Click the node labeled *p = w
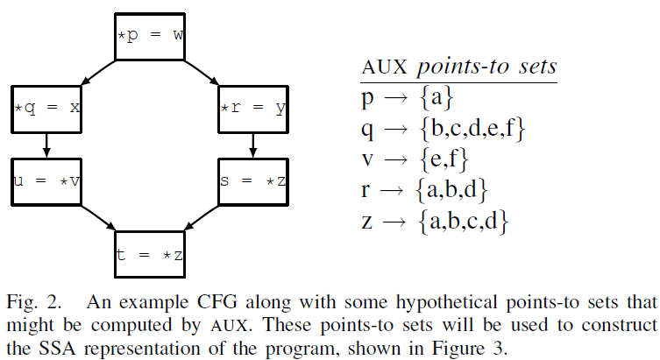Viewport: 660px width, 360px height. [x=151, y=37]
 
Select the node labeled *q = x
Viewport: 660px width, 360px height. [x=47, y=109]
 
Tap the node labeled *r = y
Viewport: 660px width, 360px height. [x=253, y=109]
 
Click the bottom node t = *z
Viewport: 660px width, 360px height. [x=151, y=255]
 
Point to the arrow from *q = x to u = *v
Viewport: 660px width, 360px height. [x=47, y=145]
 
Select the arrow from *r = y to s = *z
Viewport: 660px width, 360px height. [x=253, y=145]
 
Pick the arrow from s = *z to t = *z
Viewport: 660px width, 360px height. [x=202, y=218]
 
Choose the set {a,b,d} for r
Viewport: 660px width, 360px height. [x=452, y=190]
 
